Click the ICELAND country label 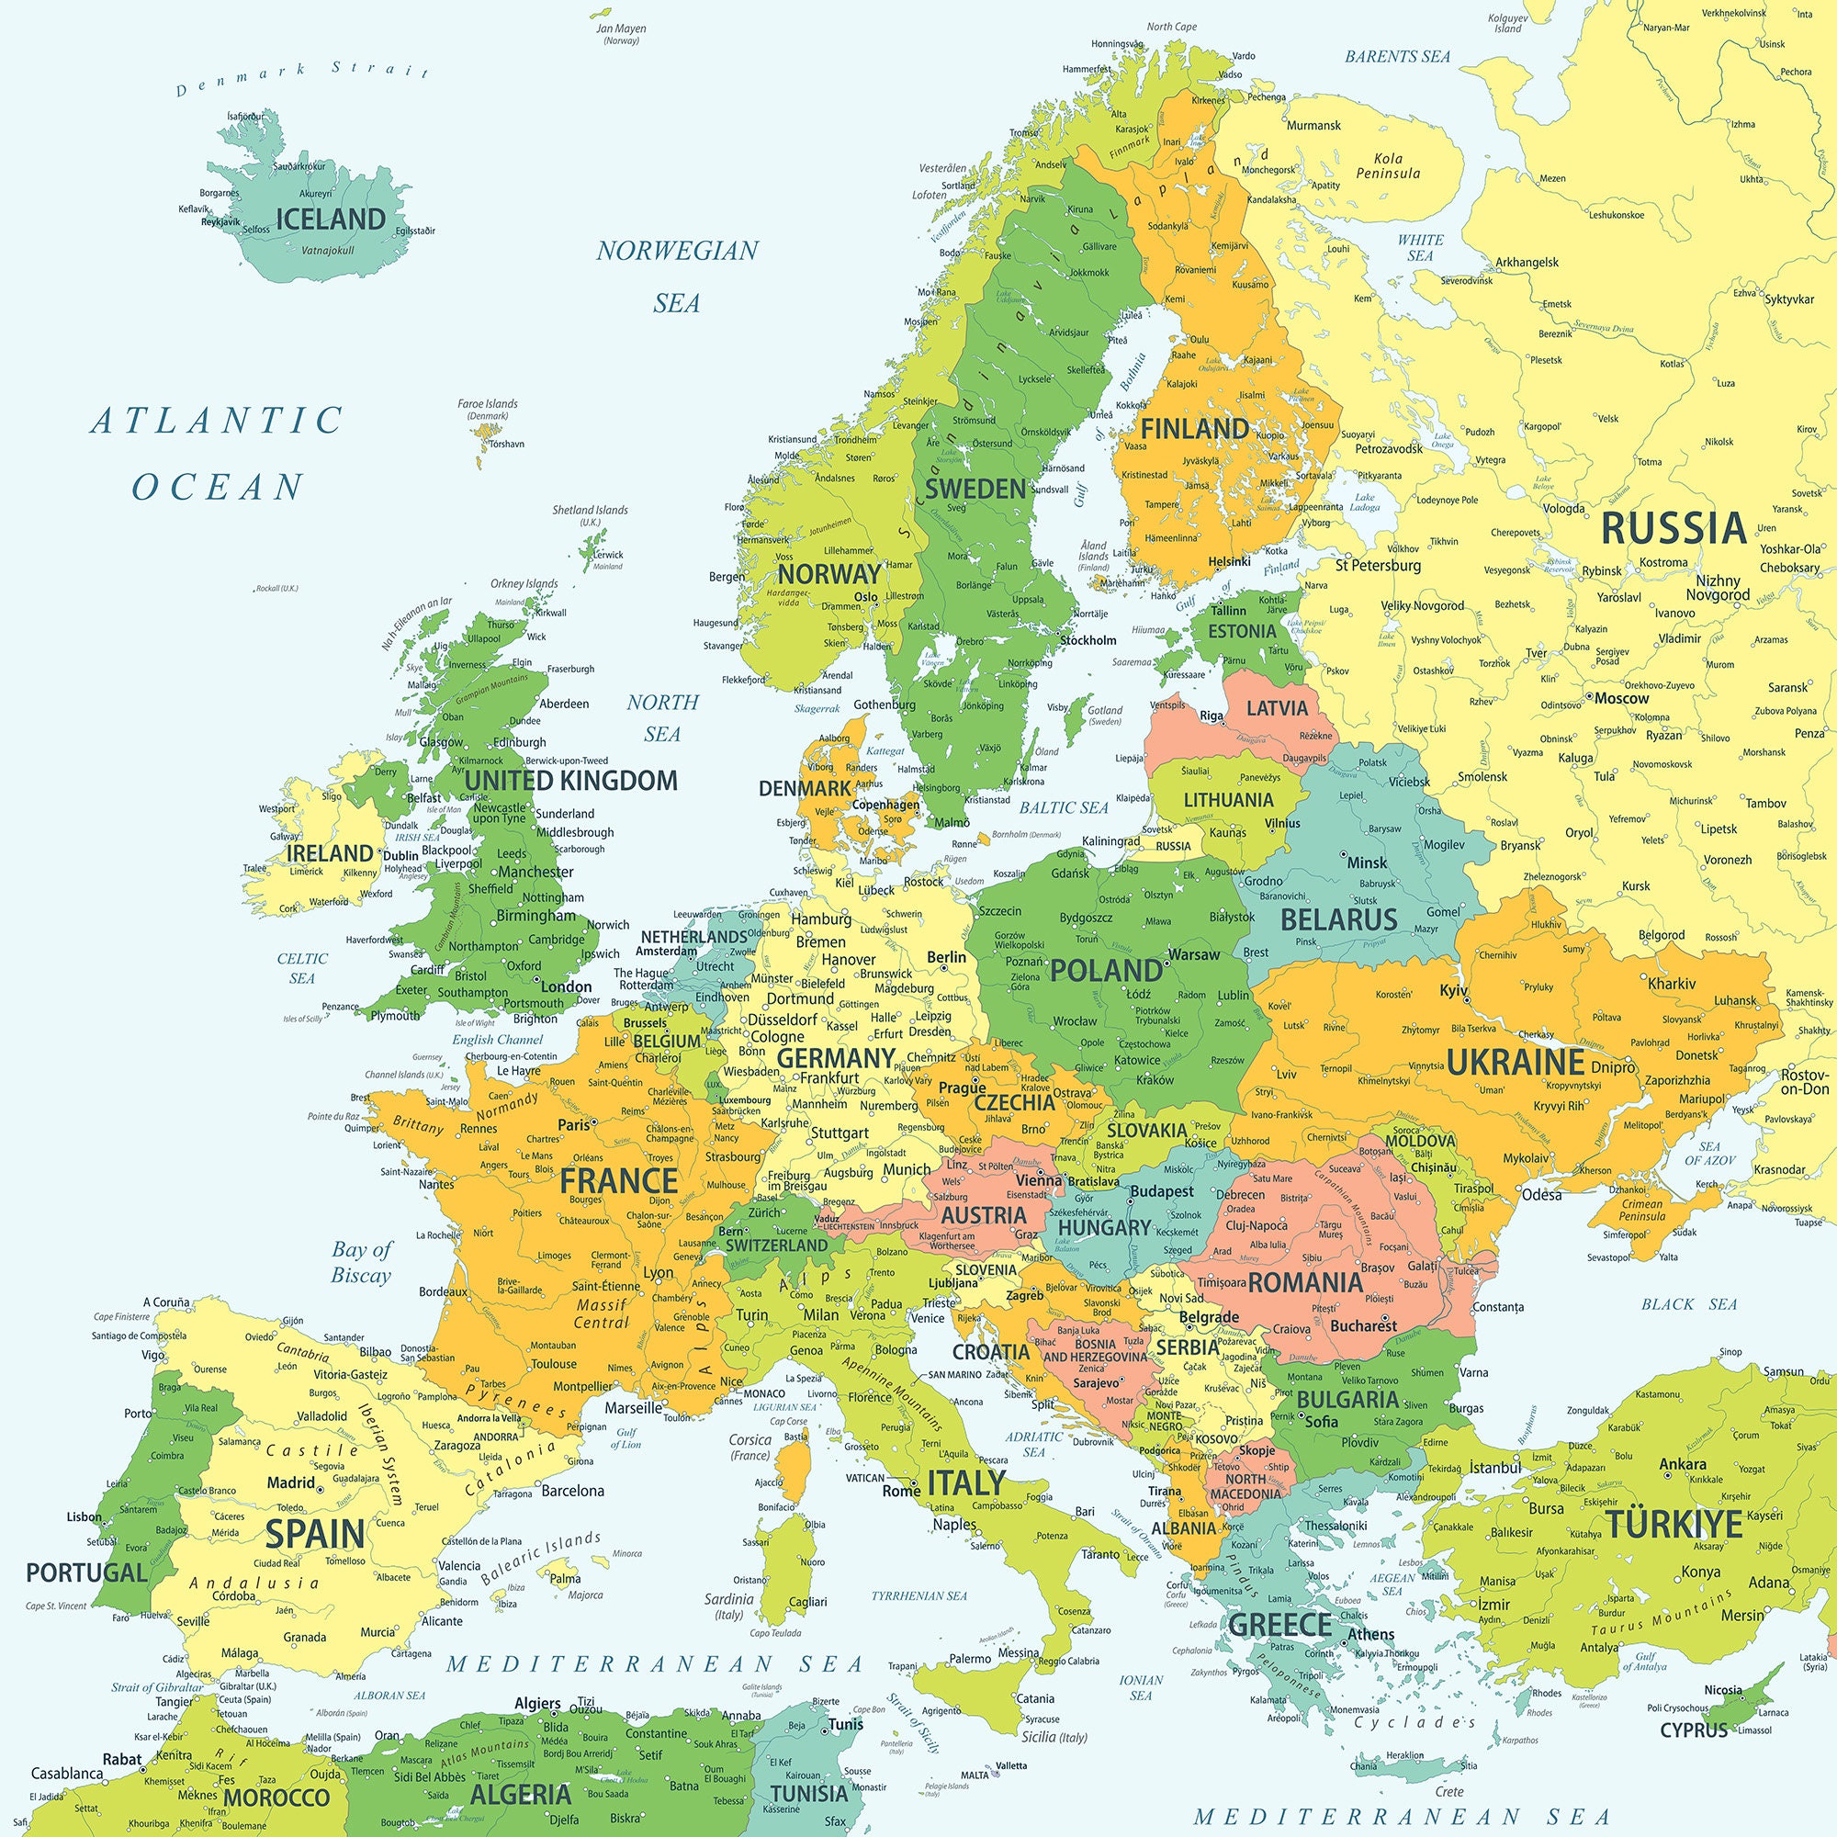pos(330,220)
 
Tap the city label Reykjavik pos(220,221)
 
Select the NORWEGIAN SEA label pos(677,276)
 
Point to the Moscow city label pos(1621,698)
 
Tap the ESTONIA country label pos(1242,631)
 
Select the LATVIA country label pos(1277,707)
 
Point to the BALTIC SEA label pos(1064,808)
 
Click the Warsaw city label pos(1193,953)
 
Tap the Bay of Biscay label pos(361,1262)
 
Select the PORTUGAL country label pos(86,1572)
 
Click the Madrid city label pos(290,1482)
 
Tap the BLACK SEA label pos(1689,1304)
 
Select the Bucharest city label pos(1363,1325)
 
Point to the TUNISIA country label pos(808,1793)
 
